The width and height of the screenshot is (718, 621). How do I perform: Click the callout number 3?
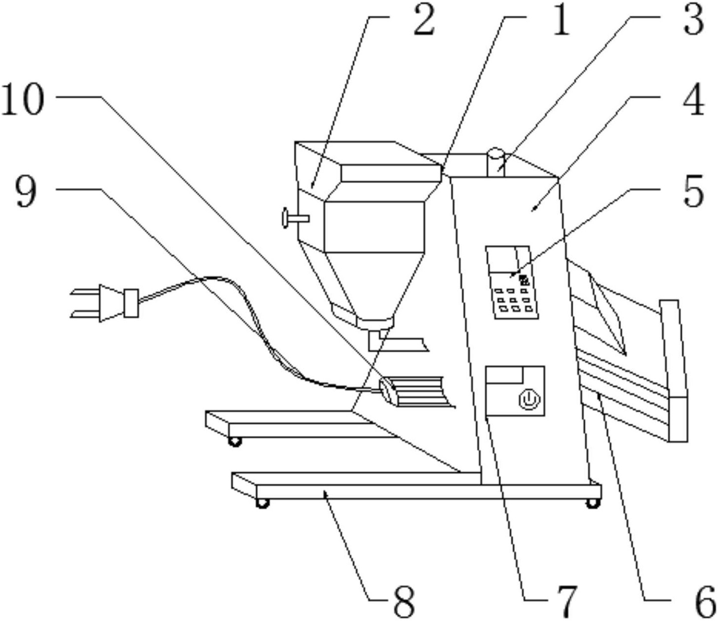693,21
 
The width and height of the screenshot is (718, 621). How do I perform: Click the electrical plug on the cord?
105,303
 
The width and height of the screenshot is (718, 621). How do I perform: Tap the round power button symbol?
530,400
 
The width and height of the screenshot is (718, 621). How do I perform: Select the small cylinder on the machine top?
496,162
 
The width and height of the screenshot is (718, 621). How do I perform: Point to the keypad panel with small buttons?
512,282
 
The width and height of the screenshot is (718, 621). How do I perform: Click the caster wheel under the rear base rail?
235,442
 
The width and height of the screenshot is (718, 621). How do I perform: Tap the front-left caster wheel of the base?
262,503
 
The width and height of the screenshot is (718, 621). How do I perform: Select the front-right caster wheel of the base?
593,503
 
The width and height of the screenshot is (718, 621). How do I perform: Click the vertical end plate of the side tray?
674,371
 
